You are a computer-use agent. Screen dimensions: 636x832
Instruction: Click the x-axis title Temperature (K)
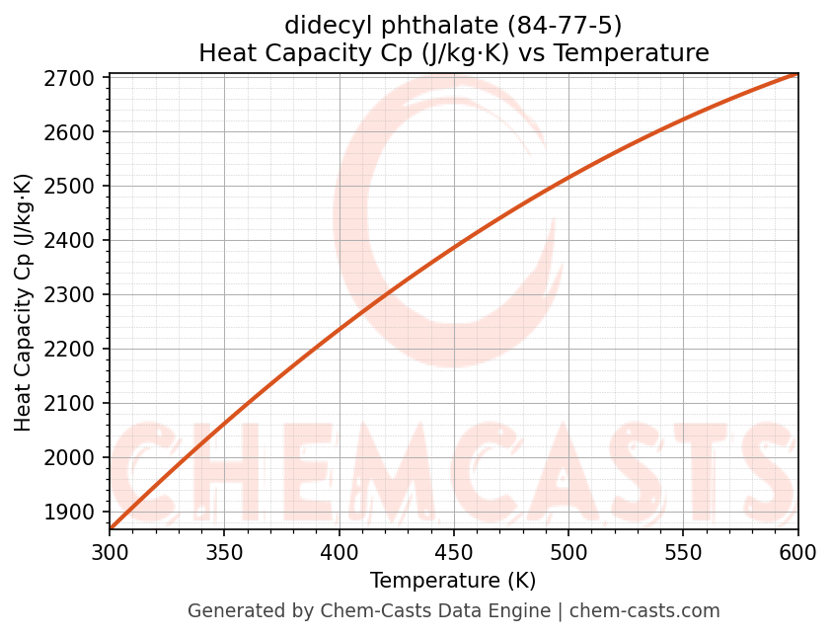pos(453,581)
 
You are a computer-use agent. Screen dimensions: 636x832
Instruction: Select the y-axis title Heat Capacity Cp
pos(24,302)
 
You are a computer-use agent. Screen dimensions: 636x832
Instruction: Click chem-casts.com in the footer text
pos(644,611)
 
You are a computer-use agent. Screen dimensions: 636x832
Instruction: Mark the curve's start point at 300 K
pos(111,528)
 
